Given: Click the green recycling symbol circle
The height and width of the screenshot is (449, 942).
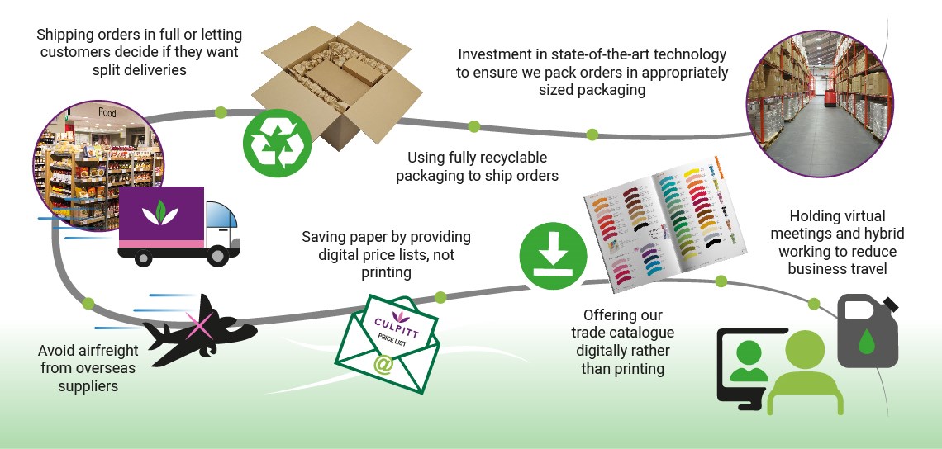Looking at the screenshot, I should pyautogui.click(x=277, y=143).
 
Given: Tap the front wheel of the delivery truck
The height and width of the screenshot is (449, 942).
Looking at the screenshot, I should pyautogui.click(x=217, y=256).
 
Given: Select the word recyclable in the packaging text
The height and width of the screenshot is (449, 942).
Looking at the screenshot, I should pyautogui.click(x=509, y=157).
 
